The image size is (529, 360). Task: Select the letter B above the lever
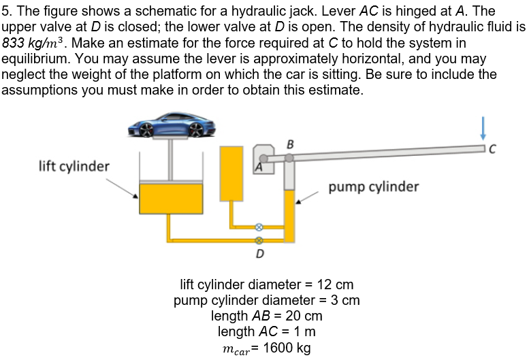291,144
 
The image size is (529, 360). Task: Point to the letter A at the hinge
259,165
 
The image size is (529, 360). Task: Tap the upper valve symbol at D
259,227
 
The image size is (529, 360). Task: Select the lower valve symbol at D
259,240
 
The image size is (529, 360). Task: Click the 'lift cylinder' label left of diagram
74,166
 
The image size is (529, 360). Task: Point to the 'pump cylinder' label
373,186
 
